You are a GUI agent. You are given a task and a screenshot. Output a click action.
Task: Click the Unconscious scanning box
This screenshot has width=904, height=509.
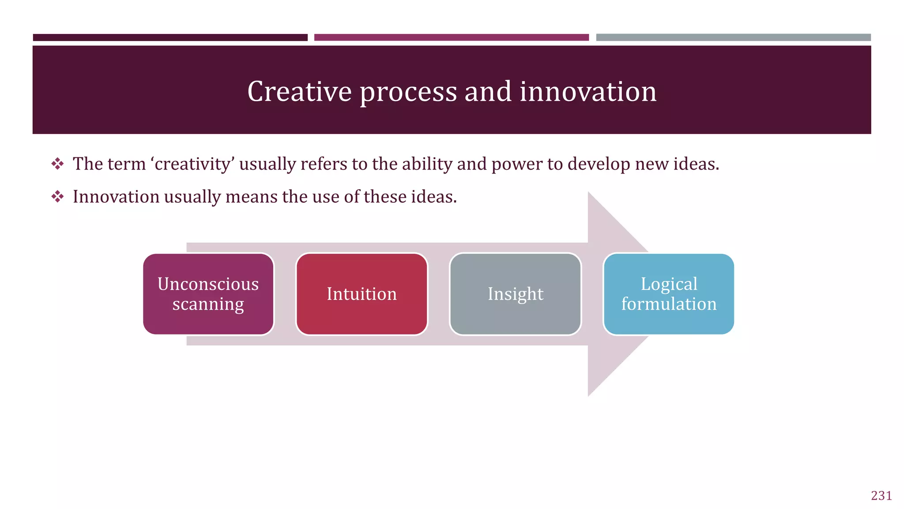click(x=208, y=294)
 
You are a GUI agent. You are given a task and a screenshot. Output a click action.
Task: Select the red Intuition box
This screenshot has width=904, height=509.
click(x=362, y=294)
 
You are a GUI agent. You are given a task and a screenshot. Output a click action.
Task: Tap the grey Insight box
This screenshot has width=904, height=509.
click(x=515, y=294)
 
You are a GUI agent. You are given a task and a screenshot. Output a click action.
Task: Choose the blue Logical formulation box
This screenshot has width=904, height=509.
click(x=669, y=294)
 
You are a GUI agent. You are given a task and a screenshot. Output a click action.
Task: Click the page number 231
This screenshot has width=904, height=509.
click(x=881, y=496)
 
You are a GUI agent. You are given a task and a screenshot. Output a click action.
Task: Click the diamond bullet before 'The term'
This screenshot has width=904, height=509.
click(x=57, y=164)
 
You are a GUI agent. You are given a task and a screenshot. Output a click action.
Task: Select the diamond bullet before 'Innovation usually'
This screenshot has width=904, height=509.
click(x=57, y=197)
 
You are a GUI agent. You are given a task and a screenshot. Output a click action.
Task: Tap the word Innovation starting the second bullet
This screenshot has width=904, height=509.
click(x=116, y=197)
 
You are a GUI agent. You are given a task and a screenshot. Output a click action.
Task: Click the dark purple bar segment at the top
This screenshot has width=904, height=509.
click(x=170, y=38)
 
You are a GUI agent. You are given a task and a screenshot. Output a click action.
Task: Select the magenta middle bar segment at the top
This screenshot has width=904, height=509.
click(x=451, y=38)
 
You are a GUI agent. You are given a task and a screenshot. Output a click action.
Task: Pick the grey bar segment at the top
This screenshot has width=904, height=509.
click(x=733, y=38)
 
